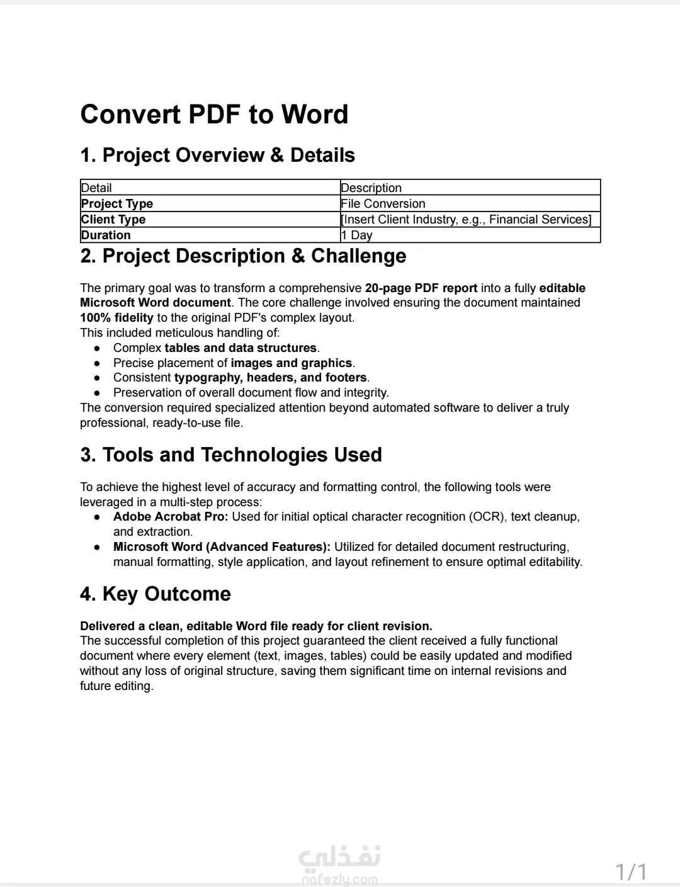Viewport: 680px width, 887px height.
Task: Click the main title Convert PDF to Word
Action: click(214, 115)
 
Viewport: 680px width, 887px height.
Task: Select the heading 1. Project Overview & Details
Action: click(217, 155)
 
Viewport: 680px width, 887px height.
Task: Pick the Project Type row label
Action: click(117, 203)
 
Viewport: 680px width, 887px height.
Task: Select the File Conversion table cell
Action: click(383, 203)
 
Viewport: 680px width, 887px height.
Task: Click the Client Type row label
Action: click(113, 219)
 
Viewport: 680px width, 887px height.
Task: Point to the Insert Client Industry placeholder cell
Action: click(466, 219)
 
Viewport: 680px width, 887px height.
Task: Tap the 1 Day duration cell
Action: click(356, 235)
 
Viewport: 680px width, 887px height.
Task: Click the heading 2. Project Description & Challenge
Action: click(243, 256)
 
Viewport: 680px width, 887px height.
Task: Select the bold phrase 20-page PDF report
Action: click(421, 288)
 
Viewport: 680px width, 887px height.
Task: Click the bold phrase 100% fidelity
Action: click(116, 318)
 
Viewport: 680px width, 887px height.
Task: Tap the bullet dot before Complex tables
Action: click(97, 348)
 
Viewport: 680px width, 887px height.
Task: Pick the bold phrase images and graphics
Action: click(291, 363)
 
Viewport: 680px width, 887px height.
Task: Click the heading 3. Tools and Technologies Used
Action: click(231, 455)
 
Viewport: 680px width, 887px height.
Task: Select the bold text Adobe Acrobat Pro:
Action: click(171, 517)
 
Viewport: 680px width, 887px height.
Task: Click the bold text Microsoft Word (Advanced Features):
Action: click(222, 547)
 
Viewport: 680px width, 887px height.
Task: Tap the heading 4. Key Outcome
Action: click(156, 594)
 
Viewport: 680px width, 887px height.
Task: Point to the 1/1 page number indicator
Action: click(631, 872)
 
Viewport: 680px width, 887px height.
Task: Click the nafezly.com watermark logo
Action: click(339, 866)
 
